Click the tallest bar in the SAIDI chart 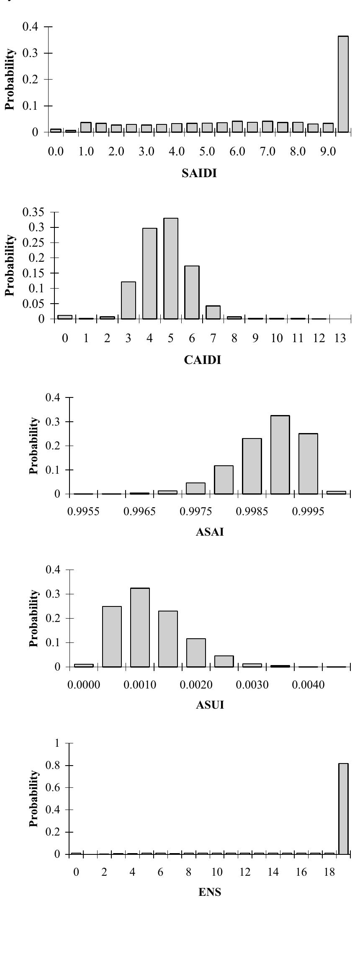click(x=343, y=84)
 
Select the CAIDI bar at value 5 click(x=171, y=268)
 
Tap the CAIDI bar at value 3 click(x=128, y=300)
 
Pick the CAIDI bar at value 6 click(x=192, y=292)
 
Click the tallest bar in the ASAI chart click(x=280, y=454)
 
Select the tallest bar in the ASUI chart click(x=140, y=627)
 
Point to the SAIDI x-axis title click(x=200, y=174)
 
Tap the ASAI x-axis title click(x=210, y=532)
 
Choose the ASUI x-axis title click(x=210, y=705)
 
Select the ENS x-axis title click(x=210, y=892)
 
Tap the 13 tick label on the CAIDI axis click(x=340, y=338)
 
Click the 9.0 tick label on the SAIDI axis click(x=328, y=152)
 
